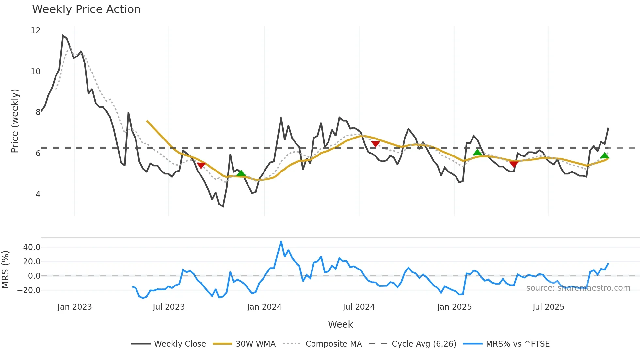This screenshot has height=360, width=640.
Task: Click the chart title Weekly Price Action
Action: (86, 9)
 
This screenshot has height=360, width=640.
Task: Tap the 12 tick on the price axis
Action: (35, 31)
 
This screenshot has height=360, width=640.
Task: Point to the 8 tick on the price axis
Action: (38, 112)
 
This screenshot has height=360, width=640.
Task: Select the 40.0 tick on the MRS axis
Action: (32, 247)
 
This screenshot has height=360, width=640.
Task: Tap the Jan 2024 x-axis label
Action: (264, 307)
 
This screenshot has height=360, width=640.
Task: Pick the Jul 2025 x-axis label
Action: (548, 307)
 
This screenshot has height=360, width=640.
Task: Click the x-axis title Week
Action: (340, 324)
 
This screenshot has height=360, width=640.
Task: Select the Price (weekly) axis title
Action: (15, 121)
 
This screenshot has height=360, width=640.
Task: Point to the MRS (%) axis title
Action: (5, 270)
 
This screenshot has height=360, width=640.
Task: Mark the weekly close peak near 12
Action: (63, 35)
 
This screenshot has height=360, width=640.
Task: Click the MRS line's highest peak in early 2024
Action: (281, 242)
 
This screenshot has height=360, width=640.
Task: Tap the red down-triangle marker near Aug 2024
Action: (376, 144)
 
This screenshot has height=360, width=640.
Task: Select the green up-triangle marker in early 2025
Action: (477, 153)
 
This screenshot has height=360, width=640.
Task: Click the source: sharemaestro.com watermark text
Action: (578, 288)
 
